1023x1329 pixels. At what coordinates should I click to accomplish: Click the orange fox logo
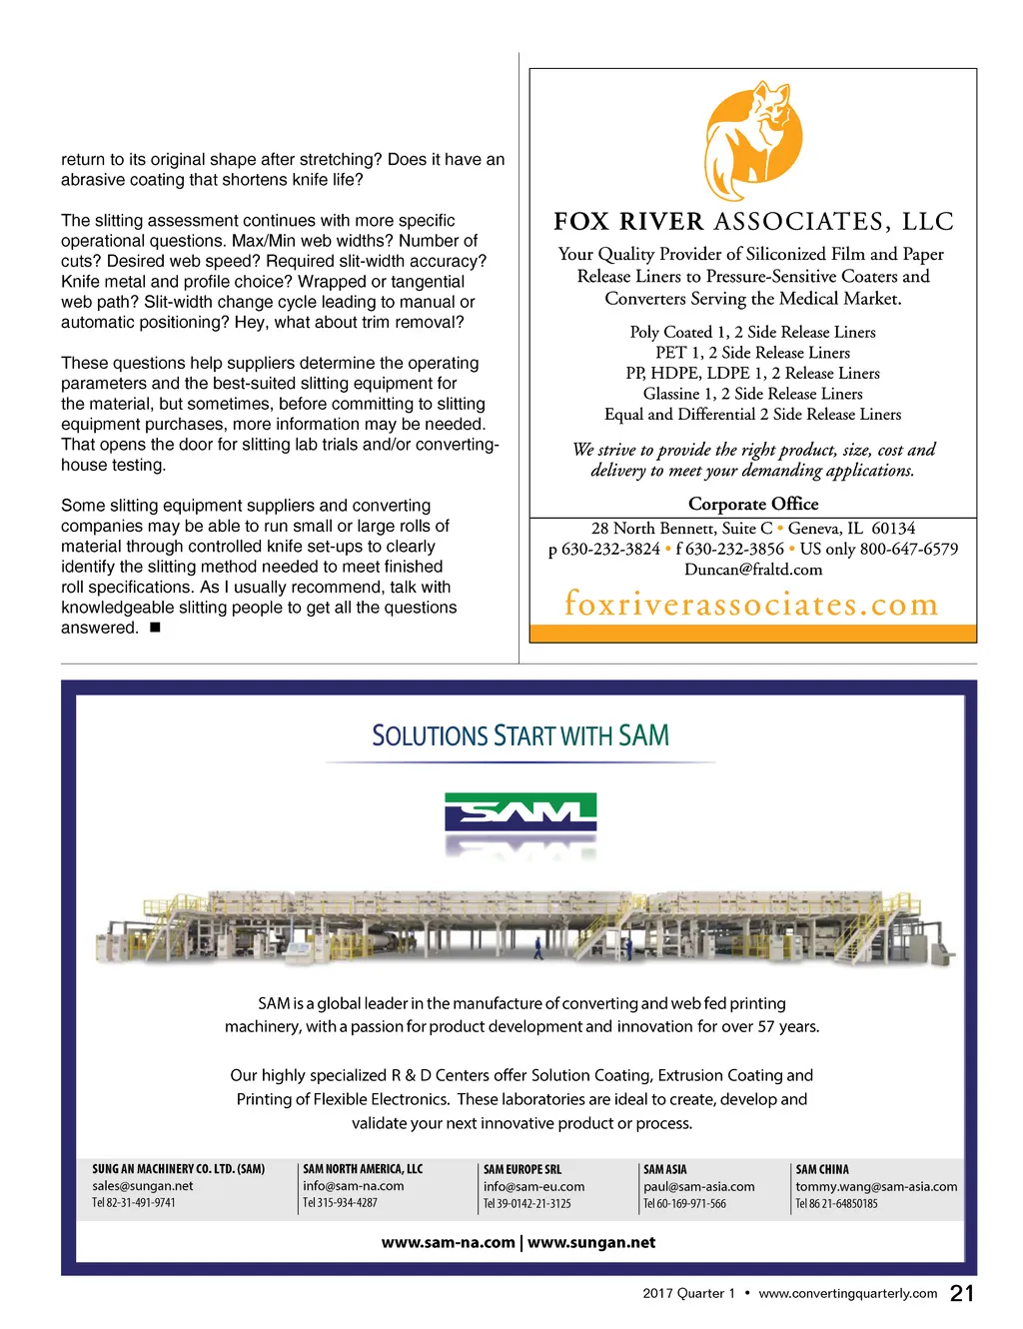[x=753, y=140]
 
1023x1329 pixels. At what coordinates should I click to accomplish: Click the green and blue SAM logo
[x=520, y=812]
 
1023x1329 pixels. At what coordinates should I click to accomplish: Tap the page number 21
[x=962, y=1293]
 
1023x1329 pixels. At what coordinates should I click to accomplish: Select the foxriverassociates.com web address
[x=751, y=604]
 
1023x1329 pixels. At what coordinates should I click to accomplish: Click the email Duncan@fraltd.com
[x=753, y=570]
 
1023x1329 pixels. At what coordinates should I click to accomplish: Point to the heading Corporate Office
[x=753, y=504]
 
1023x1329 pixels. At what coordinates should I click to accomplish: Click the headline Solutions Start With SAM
[x=520, y=736]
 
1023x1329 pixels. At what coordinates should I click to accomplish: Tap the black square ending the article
[x=155, y=628]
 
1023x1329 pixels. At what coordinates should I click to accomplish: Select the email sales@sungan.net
[x=143, y=1186]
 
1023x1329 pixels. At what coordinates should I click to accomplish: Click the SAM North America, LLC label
[x=363, y=1169]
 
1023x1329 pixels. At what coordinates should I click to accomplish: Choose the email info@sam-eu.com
[x=533, y=1186]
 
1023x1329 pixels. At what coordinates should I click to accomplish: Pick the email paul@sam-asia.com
[x=699, y=1186]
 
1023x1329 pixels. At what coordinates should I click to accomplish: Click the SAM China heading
[x=822, y=1169]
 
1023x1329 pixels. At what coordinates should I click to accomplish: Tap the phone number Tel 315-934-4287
[x=340, y=1203]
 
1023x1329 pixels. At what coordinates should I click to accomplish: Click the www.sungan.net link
[x=591, y=1243]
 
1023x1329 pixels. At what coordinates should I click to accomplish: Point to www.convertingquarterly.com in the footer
[x=848, y=1293]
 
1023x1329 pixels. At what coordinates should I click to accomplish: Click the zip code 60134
[x=893, y=528]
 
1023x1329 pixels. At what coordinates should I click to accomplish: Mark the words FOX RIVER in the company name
[x=629, y=222]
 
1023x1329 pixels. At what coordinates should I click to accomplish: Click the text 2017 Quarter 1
[x=688, y=1293]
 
